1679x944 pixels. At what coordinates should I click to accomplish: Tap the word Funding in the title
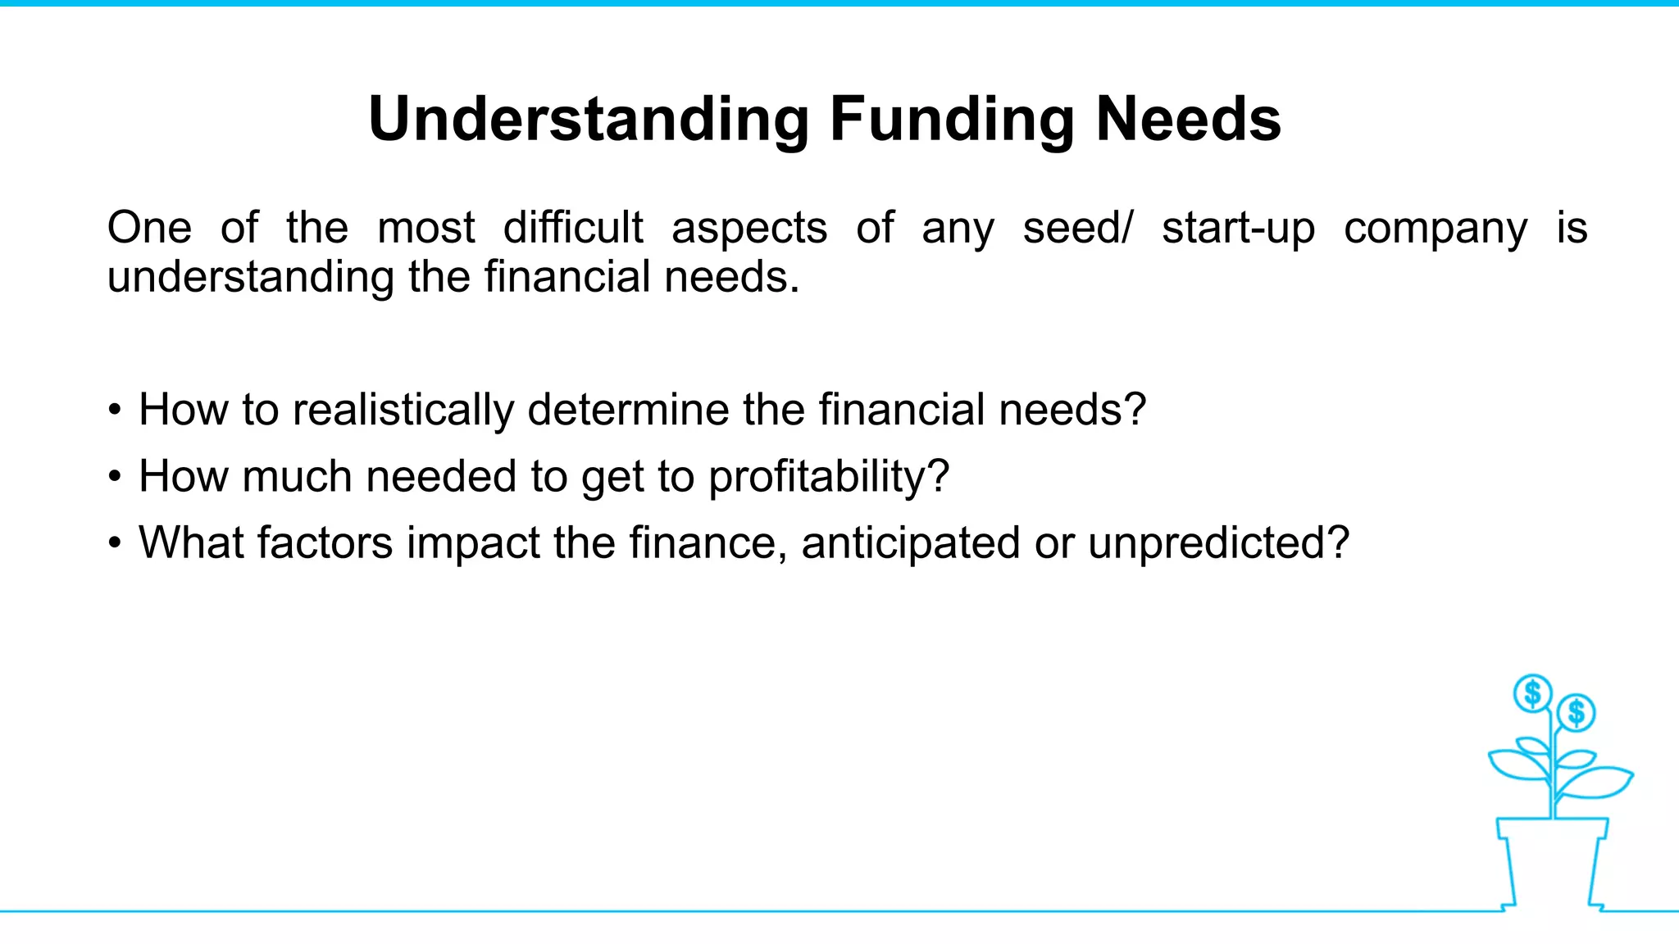tap(951, 120)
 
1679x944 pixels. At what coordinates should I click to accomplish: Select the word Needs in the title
tap(1188, 120)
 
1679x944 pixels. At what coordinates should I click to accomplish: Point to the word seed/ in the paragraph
tap(1077, 228)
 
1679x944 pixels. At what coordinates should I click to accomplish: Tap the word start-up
tap(1238, 229)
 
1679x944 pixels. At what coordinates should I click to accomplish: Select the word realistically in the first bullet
tap(403, 411)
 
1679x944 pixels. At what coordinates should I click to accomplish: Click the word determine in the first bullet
tap(628, 409)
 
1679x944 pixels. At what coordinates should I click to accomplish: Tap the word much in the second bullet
tap(297, 476)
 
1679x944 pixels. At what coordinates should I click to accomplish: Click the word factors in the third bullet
tap(325, 542)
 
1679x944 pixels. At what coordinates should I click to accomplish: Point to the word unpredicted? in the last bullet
tap(1218, 544)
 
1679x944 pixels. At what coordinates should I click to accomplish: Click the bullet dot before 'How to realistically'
tap(115, 410)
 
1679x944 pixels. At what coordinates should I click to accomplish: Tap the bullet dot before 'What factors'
tap(115, 543)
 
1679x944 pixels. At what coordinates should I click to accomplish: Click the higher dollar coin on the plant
tap(1531, 694)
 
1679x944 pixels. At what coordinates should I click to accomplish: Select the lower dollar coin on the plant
tap(1576, 712)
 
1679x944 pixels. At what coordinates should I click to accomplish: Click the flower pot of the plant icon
tap(1551, 860)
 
